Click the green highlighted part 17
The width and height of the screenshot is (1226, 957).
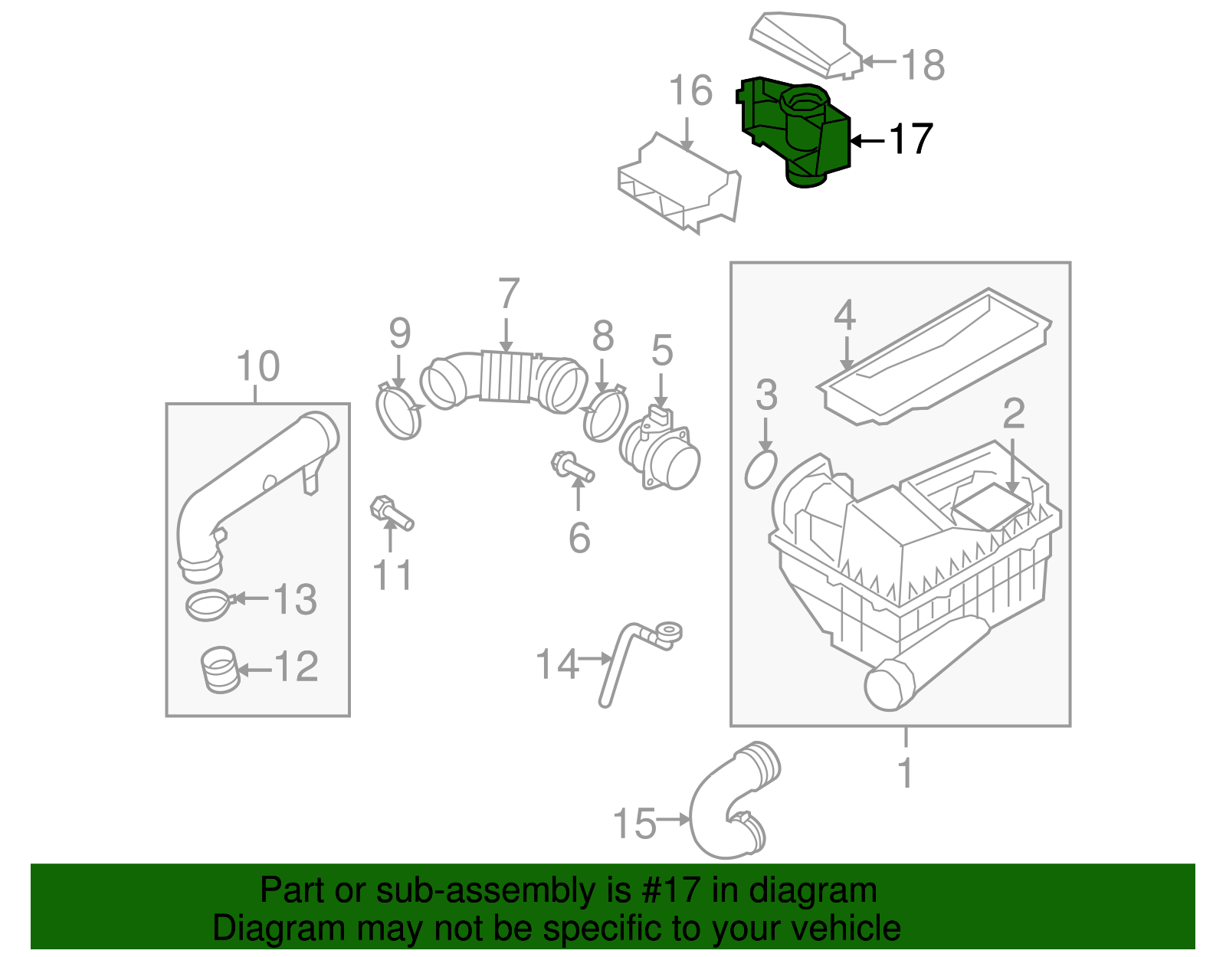pos(797,130)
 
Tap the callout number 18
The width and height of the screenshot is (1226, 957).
pos(923,65)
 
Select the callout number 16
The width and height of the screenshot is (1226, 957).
pos(691,91)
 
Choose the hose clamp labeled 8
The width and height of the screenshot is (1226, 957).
pos(605,414)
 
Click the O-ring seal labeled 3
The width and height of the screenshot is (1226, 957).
pos(761,469)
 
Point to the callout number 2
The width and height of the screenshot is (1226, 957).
pos(1014,414)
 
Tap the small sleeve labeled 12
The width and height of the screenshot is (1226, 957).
pos(219,670)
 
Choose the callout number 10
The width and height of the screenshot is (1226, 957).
pos(258,366)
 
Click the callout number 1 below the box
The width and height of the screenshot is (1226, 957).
pos(906,773)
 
